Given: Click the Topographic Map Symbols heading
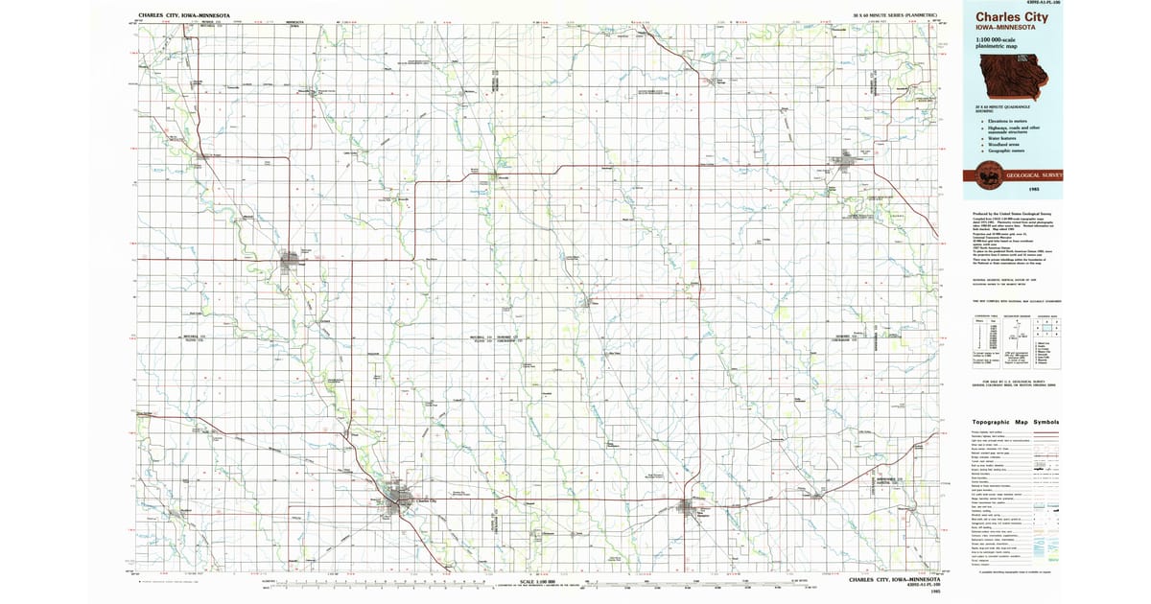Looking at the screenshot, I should (1015, 422).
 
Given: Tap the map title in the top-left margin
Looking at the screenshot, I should (183, 16).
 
